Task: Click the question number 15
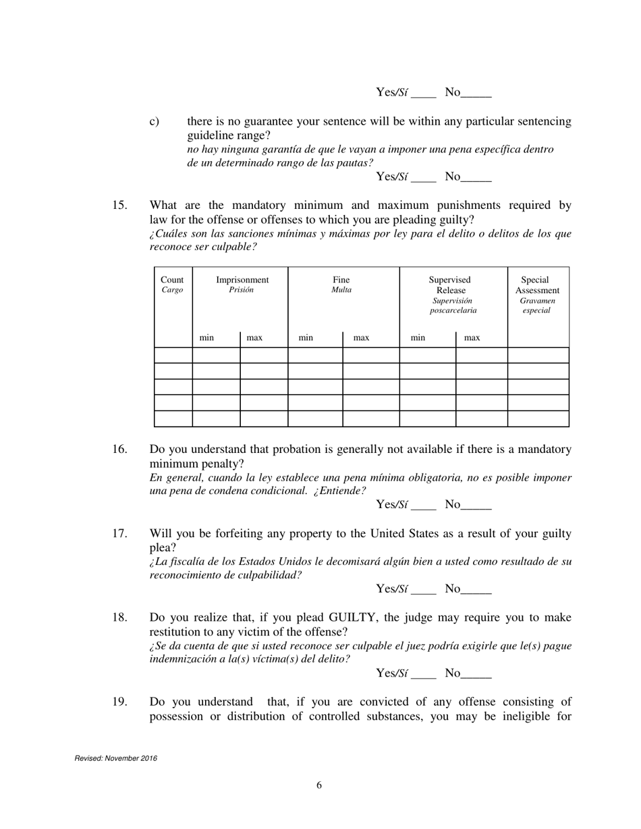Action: [x=119, y=206]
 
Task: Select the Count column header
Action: [x=172, y=285]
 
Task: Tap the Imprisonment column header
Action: [x=242, y=285]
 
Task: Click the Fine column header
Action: [x=341, y=285]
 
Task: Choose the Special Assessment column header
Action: [x=537, y=295]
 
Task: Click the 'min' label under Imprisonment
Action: [x=206, y=337]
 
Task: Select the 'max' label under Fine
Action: [x=361, y=337]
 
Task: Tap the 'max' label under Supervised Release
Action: [x=472, y=337]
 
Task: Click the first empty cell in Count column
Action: [x=173, y=355]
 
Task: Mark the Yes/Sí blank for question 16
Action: [x=424, y=505]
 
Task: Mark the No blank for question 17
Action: [x=476, y=590]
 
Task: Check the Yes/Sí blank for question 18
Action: [x=424, y=674]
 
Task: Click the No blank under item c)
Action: [x=476, y=178]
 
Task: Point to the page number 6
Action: [x=319, y=785]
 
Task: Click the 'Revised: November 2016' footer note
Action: [x=115, y=758]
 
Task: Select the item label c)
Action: [x=155, y=122]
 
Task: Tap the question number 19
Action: [x=119, y=702]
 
